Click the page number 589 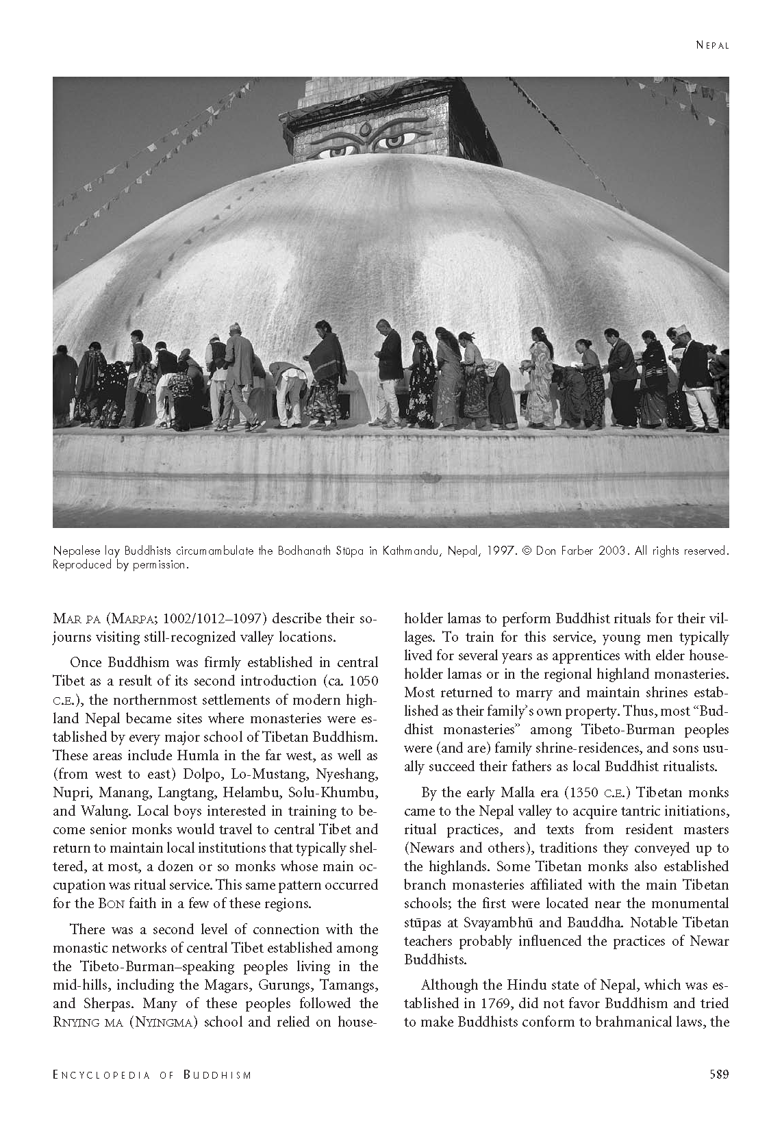(x=718, y=1075)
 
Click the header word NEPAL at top (x=712, y=46)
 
